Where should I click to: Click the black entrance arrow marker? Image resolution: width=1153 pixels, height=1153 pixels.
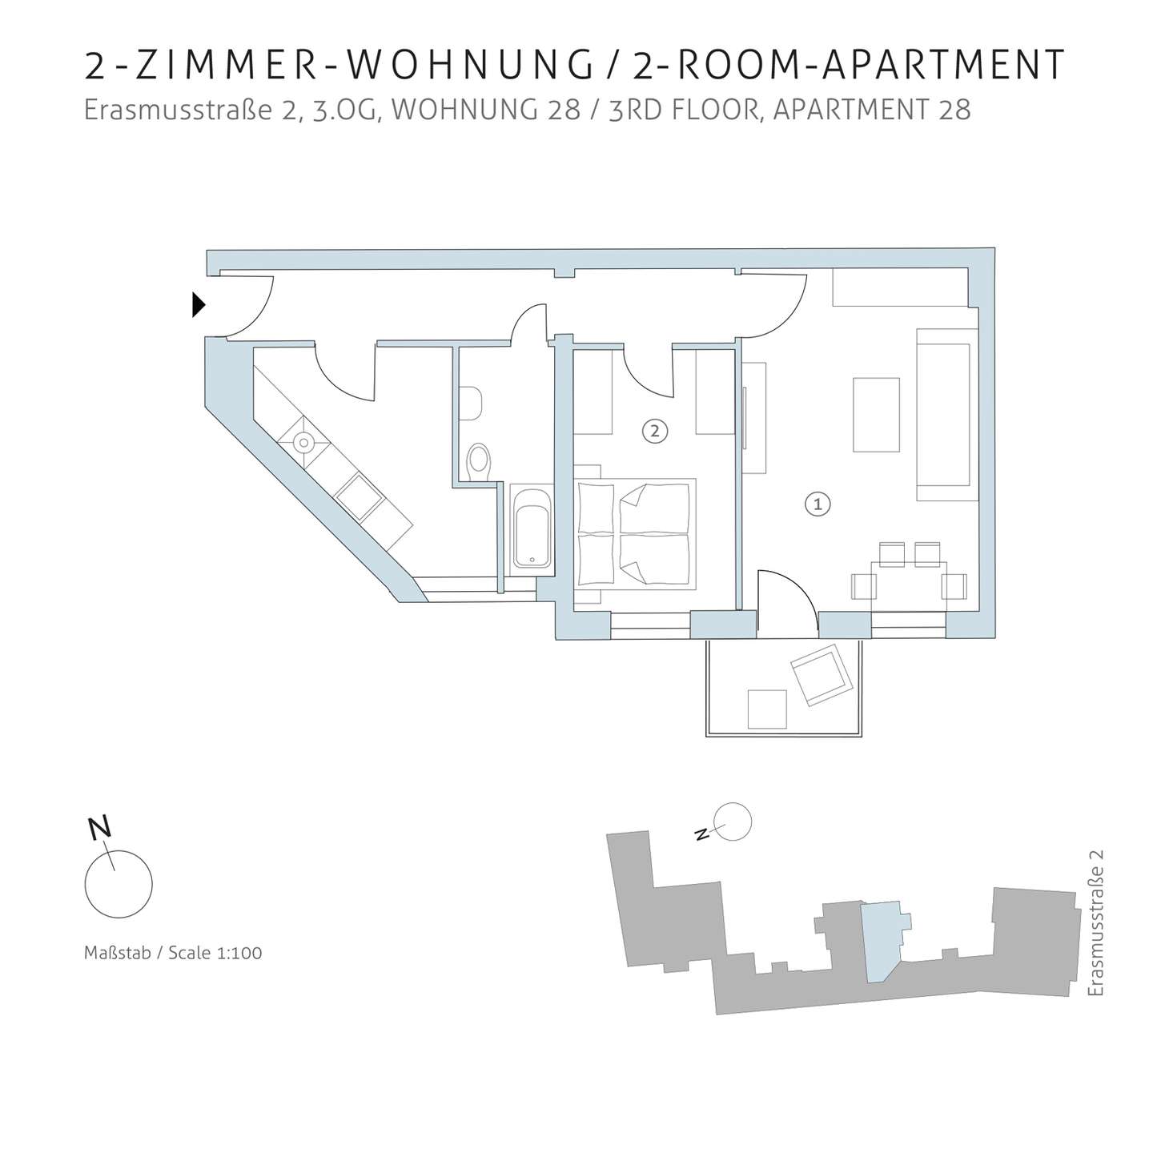coord(198,304)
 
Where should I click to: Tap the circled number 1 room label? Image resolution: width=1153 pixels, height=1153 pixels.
coord(818,504)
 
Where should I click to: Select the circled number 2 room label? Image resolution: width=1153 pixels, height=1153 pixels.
coord(655,431)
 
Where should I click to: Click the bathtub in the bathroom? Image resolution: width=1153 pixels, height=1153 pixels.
coord(532,528)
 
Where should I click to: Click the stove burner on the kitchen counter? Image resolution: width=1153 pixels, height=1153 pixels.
coord(304,443)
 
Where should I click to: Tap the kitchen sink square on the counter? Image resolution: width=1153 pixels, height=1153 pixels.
coord(358,496)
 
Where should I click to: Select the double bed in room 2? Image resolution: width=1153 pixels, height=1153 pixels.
coord(635,534)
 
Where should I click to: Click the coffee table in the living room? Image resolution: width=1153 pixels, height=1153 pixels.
coord(876,415)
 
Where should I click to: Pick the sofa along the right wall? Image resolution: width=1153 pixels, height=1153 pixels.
coord(947,414)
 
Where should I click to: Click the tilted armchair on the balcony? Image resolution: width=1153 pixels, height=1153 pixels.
coord(821,675)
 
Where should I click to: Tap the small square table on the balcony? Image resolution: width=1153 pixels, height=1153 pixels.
coord(767,709)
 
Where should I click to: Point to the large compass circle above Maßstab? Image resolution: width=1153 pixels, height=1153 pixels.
coord(119,884)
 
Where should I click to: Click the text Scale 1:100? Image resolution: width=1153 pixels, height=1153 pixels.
coord(215,953)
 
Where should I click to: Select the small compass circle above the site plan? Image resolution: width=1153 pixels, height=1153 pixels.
coord(733,822)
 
